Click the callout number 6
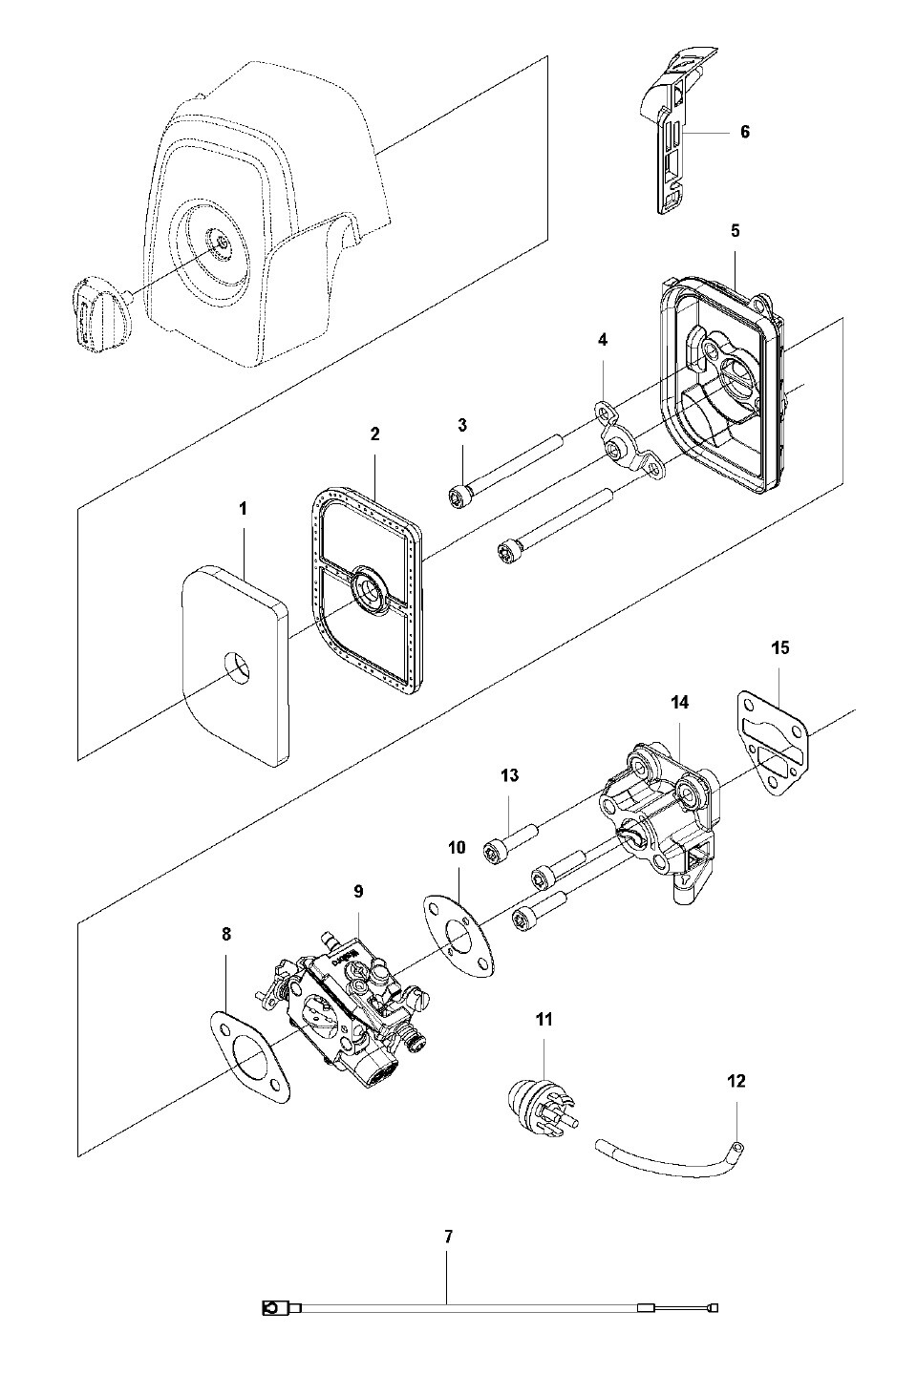coord(744,132)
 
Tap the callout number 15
coord(780,647)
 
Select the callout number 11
coord(544,1019)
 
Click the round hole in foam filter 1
coord(238,668)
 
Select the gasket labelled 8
coord(249,1051)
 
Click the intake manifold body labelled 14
coord(657,822)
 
